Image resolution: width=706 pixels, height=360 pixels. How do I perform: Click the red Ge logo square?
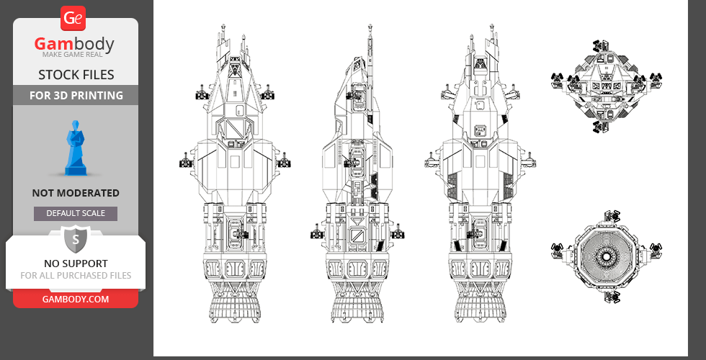[75, 19]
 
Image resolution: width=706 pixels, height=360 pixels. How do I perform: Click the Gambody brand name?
[75, 45]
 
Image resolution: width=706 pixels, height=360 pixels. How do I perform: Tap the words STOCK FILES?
[76, 75]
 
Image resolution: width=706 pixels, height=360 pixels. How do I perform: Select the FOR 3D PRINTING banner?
[76, 95]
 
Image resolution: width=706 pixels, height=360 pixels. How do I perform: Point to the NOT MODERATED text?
[76, 193]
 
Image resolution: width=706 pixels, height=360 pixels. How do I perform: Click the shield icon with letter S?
[75, 239]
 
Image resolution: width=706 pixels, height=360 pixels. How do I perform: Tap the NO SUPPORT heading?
[76, 264]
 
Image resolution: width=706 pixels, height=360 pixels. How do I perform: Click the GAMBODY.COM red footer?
[76, 299]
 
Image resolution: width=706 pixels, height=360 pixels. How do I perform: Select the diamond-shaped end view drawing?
[605, 86]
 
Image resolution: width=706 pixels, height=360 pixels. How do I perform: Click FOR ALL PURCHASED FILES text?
[76, 276]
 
